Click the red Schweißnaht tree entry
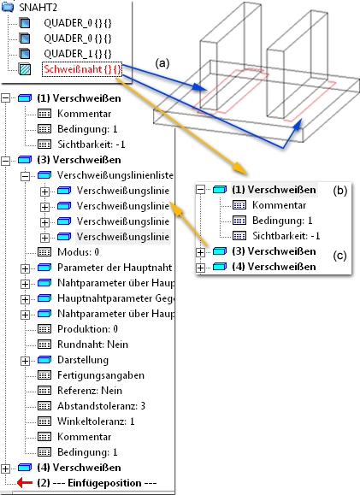[x=82, y=69]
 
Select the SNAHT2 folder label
[x=38, y=7]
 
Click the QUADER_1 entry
[x=78, y=54]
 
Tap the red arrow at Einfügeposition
[x=25, y=482]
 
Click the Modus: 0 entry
[x=78, y=252]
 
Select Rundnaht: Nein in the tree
[x=92, y=344]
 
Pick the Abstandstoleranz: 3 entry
[x=101, y=405]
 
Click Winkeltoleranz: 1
[x=96, y=421]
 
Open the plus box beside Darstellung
[x=25, y=361]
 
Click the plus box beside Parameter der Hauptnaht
[x=25, y=268]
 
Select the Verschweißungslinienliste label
[x=115, y=175]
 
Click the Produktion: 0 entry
[x=87, y=329]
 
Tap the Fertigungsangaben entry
[x=101, y=375]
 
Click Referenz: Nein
[x=90, y=391]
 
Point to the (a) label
[x=162, y=63]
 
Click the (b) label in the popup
[x=340, y=191]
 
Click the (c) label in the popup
[x=339, y=256]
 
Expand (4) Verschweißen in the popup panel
[x=200, y=268]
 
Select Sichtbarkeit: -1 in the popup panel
[x=286, y=236]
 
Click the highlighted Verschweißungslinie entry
[x=123, y=237]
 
